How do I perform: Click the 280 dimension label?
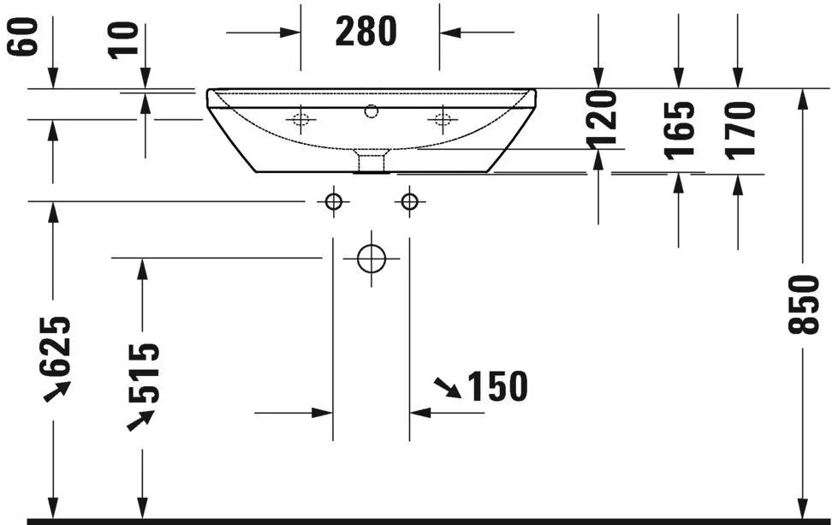point(366,32)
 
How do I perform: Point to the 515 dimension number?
point(143,373)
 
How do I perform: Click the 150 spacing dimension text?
point(497,387)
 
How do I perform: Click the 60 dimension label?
point(25,37)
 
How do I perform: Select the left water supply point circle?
point(333,201)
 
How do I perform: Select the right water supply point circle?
point(410,201)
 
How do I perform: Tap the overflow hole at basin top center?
point(371,110)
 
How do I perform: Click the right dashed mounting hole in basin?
point(443,119)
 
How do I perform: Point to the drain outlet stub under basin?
point(371,160)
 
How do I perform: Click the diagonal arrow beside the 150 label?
point(446,387)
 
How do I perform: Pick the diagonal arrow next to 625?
point(58,391)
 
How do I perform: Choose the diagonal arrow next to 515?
point(141,420)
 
